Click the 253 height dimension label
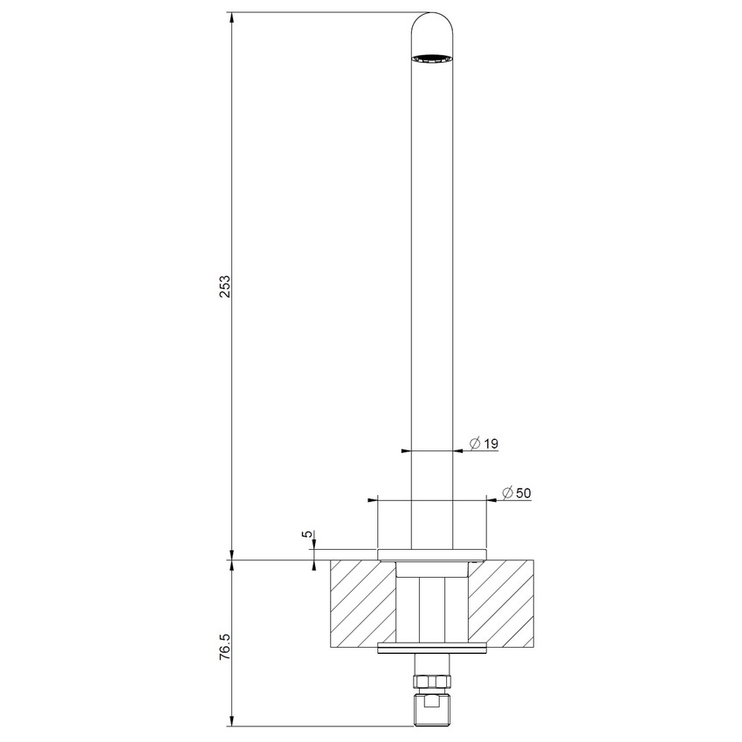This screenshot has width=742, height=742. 225,287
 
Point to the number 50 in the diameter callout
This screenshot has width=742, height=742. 524,493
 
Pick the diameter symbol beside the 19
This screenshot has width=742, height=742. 474,444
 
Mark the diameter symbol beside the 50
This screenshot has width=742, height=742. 507,493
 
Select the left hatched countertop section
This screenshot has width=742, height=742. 362,602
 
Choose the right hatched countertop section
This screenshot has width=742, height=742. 502,602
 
